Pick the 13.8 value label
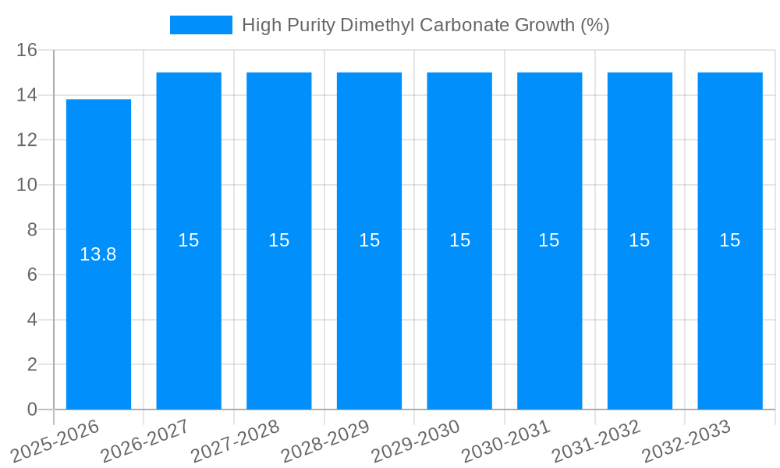pyautogui.click(x=98, y=254)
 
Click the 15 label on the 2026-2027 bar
pyautogui.click(x=189, y=240)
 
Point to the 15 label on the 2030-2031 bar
pyautogui.click(x=549, y=240)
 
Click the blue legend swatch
pyautogui.click(x=201, y=25)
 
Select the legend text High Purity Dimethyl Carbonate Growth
pyautogui.click(x=425, y=25)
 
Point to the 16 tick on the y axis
pyautogui.click(x=27, y=50)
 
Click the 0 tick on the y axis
pyautogui.click(x=32, y=409)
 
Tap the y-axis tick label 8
pyautogui.click(x=32, y=230)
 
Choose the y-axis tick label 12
pyautogui.click(x=27, y=140)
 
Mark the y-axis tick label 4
pyautogui.click(x=32, y=320)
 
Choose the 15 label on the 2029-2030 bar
pyautogui.click(x=459, y=240)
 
